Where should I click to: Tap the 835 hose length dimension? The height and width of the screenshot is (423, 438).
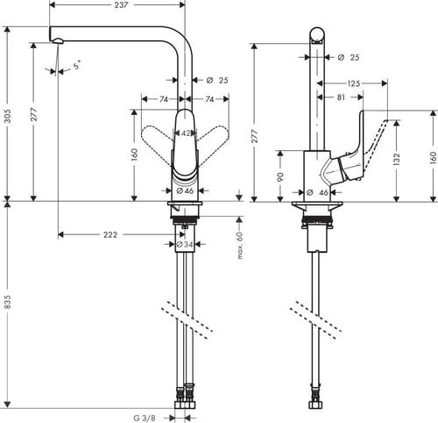tap(6, 301)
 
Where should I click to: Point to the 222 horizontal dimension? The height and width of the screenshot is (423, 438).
tap(110, 235)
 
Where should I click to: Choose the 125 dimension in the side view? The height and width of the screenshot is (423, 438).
tap(353, 83)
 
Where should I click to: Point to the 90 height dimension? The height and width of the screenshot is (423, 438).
tap(279, 175)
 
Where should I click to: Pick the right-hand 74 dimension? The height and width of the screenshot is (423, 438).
tap(211, 100)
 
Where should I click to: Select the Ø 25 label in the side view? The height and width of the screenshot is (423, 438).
tap(348, 57)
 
